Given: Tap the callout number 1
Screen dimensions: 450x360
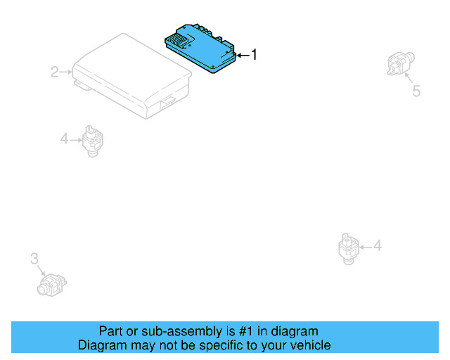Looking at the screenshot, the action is pyautogui.click(x=254, y=54).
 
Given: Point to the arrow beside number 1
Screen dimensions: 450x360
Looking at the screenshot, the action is pyautogui.click(x=242, y=55).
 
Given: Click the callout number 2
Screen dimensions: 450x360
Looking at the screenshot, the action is pyautogui.click(x=54, y=72).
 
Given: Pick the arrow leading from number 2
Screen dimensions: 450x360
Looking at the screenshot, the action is pyautogui.click(x=66, y=72).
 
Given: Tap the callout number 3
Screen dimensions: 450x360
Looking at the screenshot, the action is pyautogui.click(x=34, y=259).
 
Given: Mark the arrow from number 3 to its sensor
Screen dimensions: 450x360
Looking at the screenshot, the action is pyautogui.click(x=41, y=270).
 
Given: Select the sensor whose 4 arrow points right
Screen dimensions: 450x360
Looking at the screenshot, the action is pyautogui.click(x=91, y=140).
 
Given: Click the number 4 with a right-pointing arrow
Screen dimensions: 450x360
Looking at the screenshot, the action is pyautogui.click(x=63, y=139).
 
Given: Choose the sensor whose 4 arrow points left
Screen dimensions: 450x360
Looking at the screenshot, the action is pyautogui.click(x=347, y=247).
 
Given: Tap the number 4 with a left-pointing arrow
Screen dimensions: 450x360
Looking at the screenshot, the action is pyautogui.click(x=378, y=245).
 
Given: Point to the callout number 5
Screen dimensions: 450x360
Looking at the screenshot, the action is pyautogui.click(x=416, y=91).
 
